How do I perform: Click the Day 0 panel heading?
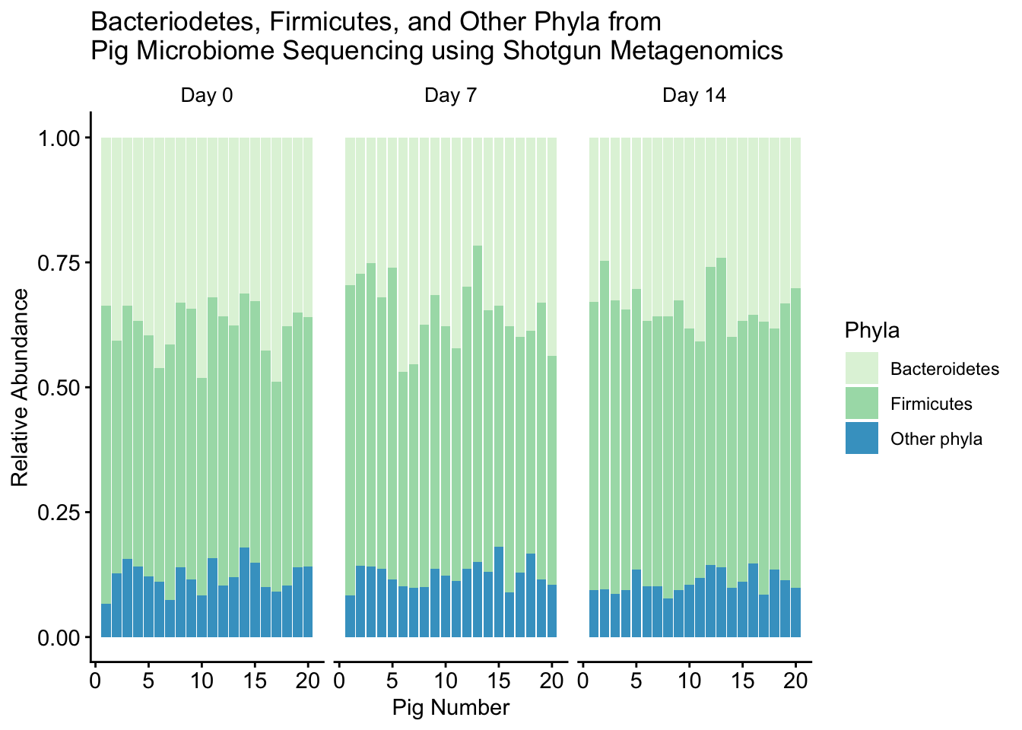(x=206, y=96)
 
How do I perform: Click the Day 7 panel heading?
(x=450, y=96)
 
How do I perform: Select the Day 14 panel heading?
(x=694, y=96)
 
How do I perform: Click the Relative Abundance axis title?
(x=20, y=387)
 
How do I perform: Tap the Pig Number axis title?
(x=450, y=708)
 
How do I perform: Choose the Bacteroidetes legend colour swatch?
(x=862, y=369)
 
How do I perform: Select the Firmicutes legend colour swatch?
(x=862, y=404)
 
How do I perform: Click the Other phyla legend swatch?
(x=862, y=439)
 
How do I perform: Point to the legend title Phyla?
(x=871, y=331)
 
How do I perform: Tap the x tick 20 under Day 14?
(x=796, y=679)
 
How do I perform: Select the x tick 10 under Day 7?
(x=446, y=679)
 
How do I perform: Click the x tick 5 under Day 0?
(x=148, y=679)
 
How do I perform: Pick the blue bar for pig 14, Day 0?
(x=245, y=592)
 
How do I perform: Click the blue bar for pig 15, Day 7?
(x=499, y=592)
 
